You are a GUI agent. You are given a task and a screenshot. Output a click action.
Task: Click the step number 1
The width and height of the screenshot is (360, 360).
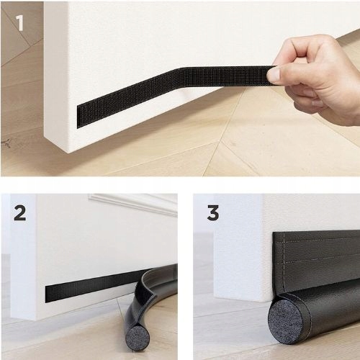click(20, 23)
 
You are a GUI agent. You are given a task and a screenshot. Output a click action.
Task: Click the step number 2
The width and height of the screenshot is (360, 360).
click(19, 213)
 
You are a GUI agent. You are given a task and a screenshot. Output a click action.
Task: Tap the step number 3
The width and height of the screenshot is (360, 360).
click(213, 213)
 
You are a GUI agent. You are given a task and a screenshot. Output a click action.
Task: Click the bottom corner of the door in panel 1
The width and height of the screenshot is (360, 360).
click(70, 153)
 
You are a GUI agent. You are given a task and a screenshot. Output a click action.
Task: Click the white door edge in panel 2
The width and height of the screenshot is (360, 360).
click(23, 257)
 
